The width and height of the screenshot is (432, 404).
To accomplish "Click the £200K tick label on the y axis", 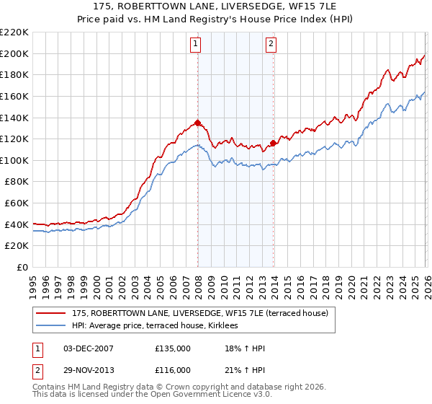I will pyautogui.click(x=14, y=53).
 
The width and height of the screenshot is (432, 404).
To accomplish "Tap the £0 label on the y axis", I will pyautogui.click(x=23, y=267).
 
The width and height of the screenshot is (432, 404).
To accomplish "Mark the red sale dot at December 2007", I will pyautogui.click(x=197, y=123).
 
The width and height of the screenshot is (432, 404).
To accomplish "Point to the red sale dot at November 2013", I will pyautogui.click(x=273, y=143).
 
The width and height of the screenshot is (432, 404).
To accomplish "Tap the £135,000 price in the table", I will pyautogui.click(x=173, y=348).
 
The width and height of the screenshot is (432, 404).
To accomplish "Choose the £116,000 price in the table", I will pyautogui.click(x=173, y=370).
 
